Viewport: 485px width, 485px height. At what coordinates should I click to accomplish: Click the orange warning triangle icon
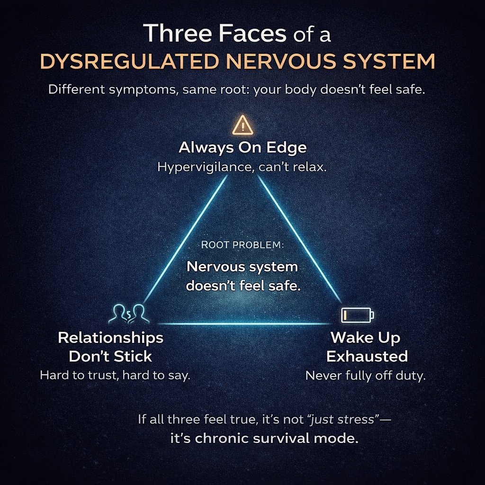pos(242,126)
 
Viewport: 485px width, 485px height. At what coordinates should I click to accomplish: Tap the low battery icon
pos(358,314)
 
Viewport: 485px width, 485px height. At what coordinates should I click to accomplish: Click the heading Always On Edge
pos(242,147)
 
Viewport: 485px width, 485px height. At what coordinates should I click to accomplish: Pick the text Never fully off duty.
pos(366,376)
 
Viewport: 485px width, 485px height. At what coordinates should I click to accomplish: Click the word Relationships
pos(110,338)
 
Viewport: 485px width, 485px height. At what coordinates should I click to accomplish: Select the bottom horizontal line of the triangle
pos(242,324)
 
